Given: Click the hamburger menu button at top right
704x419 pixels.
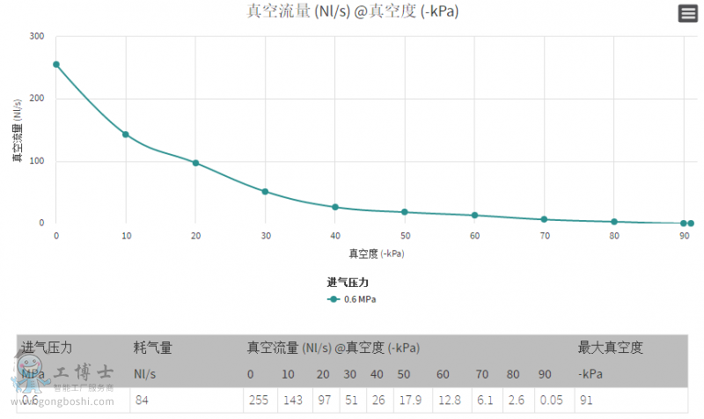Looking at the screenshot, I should click(687, 13).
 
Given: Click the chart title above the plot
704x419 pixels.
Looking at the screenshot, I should click(352, 11).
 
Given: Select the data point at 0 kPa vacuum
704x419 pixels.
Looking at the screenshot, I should click(56, 64).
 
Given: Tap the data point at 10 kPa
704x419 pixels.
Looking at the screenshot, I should click(126, 135).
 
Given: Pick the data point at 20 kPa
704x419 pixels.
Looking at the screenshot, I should click(195, 163).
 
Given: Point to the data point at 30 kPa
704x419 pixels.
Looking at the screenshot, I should click(265, 191).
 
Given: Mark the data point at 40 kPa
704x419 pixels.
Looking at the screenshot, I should click(335, 207).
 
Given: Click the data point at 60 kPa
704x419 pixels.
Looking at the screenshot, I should click(474, 215).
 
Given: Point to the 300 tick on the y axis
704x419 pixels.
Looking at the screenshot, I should click(36, 36).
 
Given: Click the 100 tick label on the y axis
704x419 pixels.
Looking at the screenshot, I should click(36, 161).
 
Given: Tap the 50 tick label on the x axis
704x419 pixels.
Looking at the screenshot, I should click(405, 236).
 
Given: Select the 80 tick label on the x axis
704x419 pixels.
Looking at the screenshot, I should click(614, 236).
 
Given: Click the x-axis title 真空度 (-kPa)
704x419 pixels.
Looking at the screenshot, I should click(377, 254).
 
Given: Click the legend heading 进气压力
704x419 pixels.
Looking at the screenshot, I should click(353, 283).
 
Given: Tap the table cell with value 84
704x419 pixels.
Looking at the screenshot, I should click(143, 400).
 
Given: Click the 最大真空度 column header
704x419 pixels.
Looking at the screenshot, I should click(610, 348).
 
